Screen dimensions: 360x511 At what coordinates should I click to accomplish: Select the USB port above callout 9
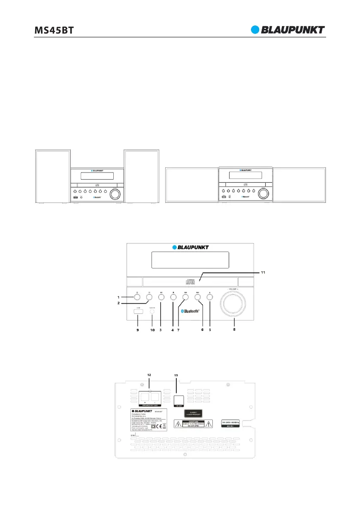click(138, 311)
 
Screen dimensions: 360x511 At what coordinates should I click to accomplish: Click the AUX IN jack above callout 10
click(152, 311)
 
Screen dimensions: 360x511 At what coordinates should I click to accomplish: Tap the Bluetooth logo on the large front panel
click(190, 311)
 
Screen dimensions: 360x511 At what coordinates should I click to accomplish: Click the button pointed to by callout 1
click(137, 296)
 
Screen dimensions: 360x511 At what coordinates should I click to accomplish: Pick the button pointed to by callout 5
click(210, 296)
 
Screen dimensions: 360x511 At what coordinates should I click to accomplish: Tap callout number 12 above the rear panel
click(149, 374)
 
